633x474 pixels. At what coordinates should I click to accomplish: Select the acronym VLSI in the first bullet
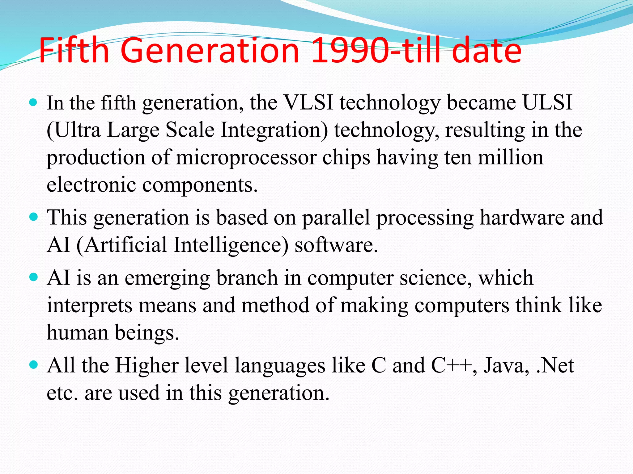tap(308, 102)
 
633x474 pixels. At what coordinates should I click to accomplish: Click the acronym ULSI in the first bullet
tap(547, 102)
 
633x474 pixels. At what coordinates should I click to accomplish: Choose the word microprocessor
tap(246, 157)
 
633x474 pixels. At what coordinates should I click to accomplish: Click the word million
tap(510, 157)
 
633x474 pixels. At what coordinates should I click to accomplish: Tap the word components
tap(200, 185)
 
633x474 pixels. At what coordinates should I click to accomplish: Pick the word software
tap(336, 245)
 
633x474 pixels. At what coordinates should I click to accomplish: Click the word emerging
tap(167, 278)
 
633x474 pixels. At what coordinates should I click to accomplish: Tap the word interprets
tap(89, 306)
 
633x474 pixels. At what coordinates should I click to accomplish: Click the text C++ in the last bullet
tap(452, 366)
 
